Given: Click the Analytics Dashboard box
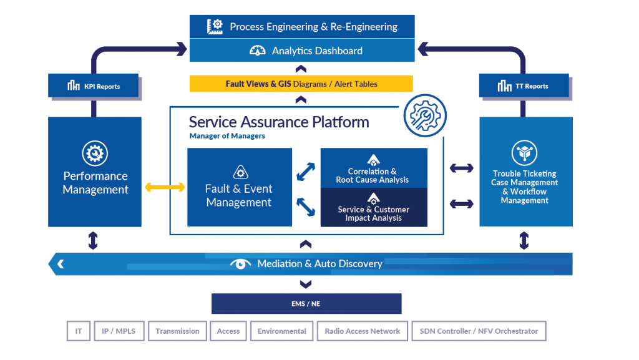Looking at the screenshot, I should pyautogui.click(x=302, y=51).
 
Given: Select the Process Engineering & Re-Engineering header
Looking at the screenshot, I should pyautogui.click(x=302, y=26).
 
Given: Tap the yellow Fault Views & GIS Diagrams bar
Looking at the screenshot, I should pyautogui.click(x=301, y=84).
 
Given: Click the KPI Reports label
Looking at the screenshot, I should pyautogui.click(x=94, y=86).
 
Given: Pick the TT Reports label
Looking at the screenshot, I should pyautogui.click(x=524, y=86).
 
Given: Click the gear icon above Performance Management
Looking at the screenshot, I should pyautogui.click(x=95, y=153).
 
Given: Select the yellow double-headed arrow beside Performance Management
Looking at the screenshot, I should pyautogui.click(x=165, y=187).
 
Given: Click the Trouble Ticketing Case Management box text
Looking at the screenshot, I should pyautogui.click(x=524, y=187).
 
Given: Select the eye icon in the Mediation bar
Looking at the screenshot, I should pyautogui.click(x=241, y=264).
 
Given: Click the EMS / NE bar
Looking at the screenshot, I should pyautogui.click(x=306, y=304).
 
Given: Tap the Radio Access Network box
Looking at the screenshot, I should pyautogui.click(x=363, y=331).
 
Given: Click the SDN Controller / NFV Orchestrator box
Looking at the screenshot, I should pyautogui.click(x=479, y=331).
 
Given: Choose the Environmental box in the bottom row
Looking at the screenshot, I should pyautogui.click(x=281, y=331).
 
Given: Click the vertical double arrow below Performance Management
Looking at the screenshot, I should pyautogui.click(x=93, y=240).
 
